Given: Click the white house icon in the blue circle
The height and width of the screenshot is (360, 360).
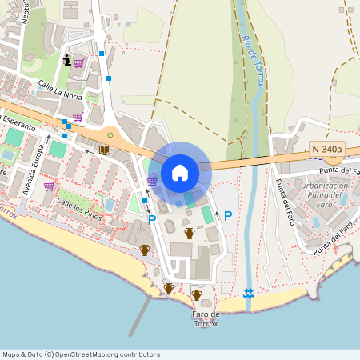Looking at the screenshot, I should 180,172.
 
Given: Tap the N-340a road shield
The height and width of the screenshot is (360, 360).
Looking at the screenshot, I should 327,149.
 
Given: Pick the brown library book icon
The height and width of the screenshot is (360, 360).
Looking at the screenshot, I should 104,149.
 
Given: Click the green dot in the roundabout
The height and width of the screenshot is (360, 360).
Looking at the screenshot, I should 110,134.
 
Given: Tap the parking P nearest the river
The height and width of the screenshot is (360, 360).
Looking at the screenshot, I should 227,216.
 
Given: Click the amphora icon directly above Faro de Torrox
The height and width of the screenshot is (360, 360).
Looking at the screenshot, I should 197,294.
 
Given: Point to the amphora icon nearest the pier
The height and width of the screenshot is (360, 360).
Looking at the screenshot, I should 168,288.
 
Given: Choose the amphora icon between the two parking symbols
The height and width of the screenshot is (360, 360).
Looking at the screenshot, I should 190,233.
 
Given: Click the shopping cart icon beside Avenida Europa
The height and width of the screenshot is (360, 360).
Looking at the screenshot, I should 49,186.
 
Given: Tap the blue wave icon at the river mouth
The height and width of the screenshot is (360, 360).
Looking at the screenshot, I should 249,294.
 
